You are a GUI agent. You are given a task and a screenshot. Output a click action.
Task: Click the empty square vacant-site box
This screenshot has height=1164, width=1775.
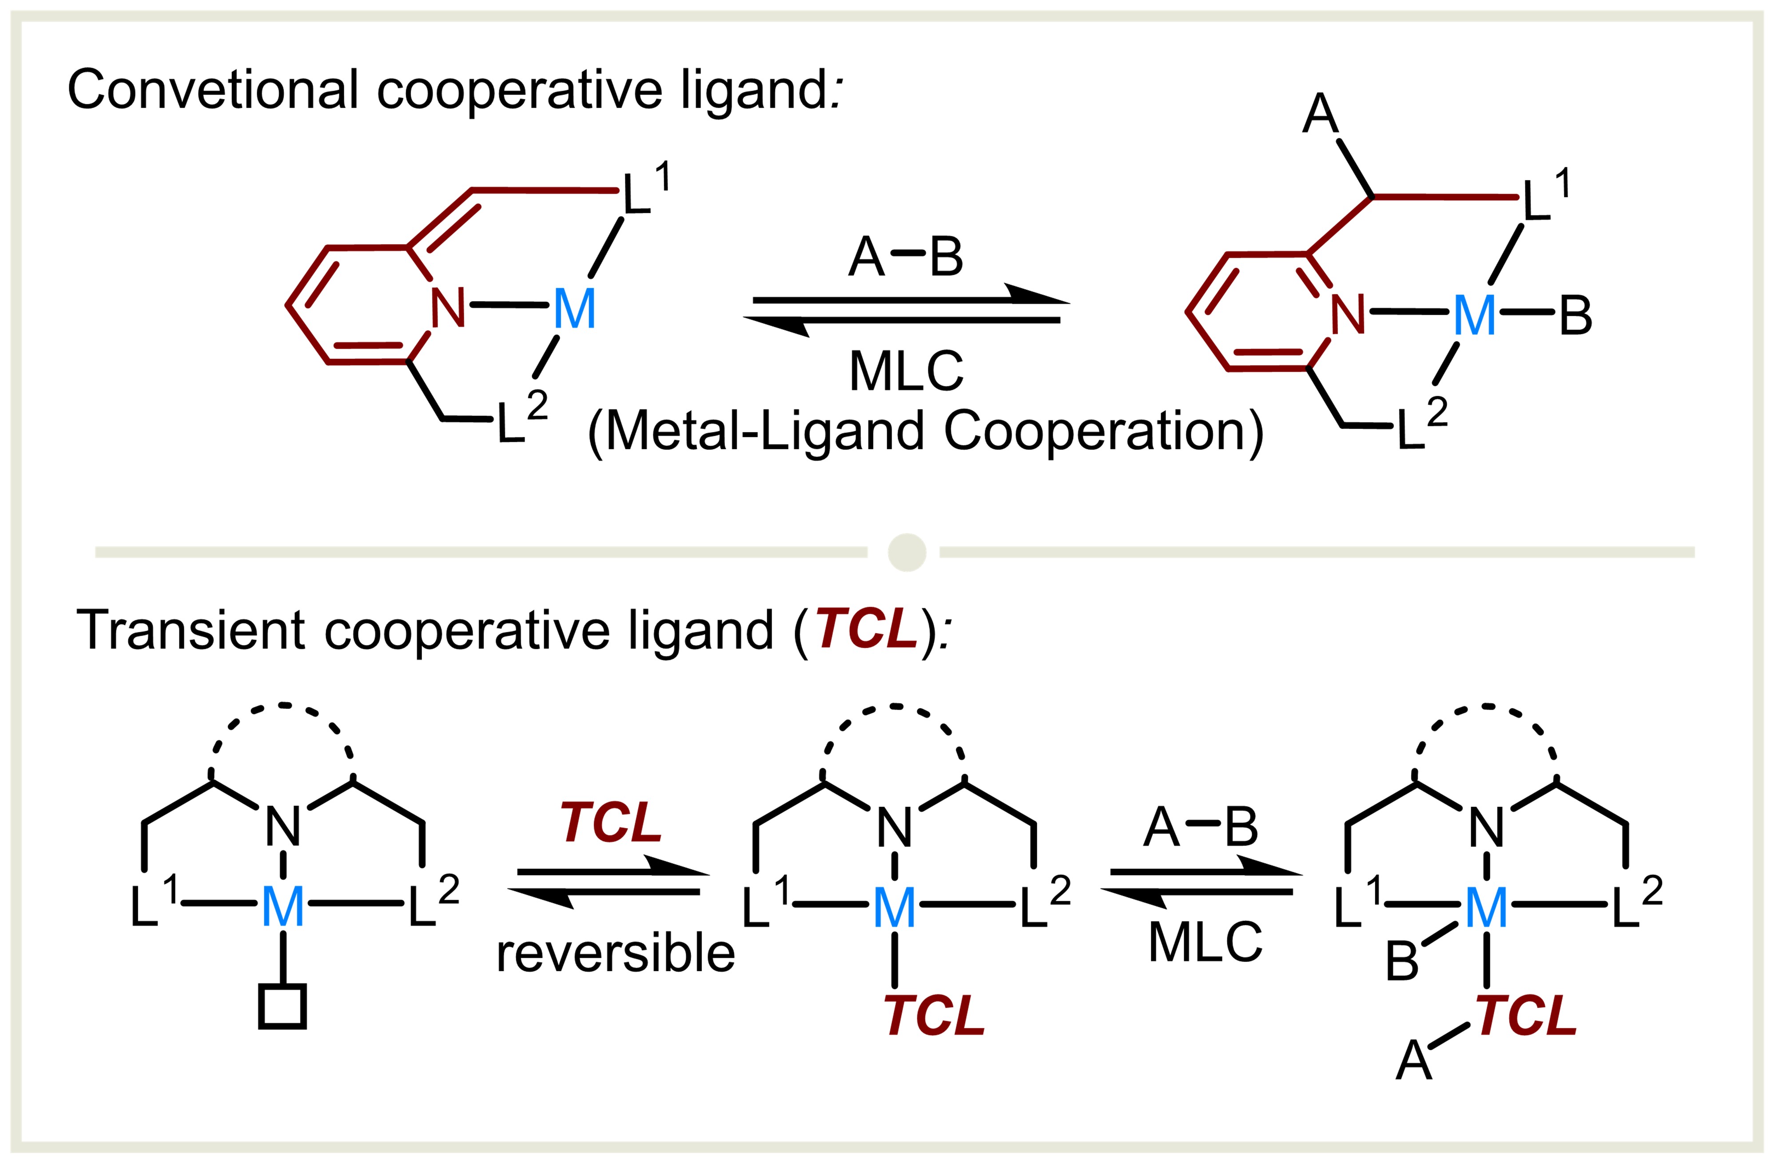tap(283, 1007)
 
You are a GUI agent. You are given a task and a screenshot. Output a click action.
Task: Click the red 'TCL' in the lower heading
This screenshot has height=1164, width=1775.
tap(866, 628)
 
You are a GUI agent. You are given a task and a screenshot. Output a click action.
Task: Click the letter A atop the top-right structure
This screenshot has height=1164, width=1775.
tap(1320, 114)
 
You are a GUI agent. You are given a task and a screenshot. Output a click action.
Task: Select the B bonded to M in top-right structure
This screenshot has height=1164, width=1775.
tap(1575, 315)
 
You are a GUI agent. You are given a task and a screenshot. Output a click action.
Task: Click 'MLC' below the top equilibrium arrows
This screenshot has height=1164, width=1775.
tap(906, 370)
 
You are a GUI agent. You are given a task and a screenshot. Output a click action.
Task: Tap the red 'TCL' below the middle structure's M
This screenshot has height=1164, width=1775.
tap(935, 1016)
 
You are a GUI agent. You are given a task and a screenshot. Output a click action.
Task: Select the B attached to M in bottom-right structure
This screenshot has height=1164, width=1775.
tap(1402, 961)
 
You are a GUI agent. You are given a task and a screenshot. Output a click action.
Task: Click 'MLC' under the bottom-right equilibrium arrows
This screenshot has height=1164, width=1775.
tap(1205, 942)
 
